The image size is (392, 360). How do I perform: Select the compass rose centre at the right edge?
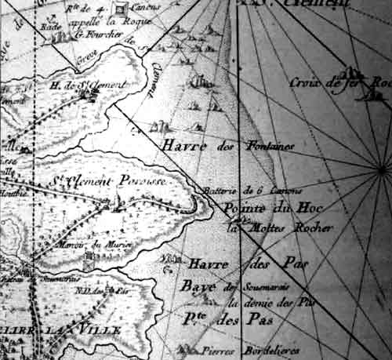coord(382,170)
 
